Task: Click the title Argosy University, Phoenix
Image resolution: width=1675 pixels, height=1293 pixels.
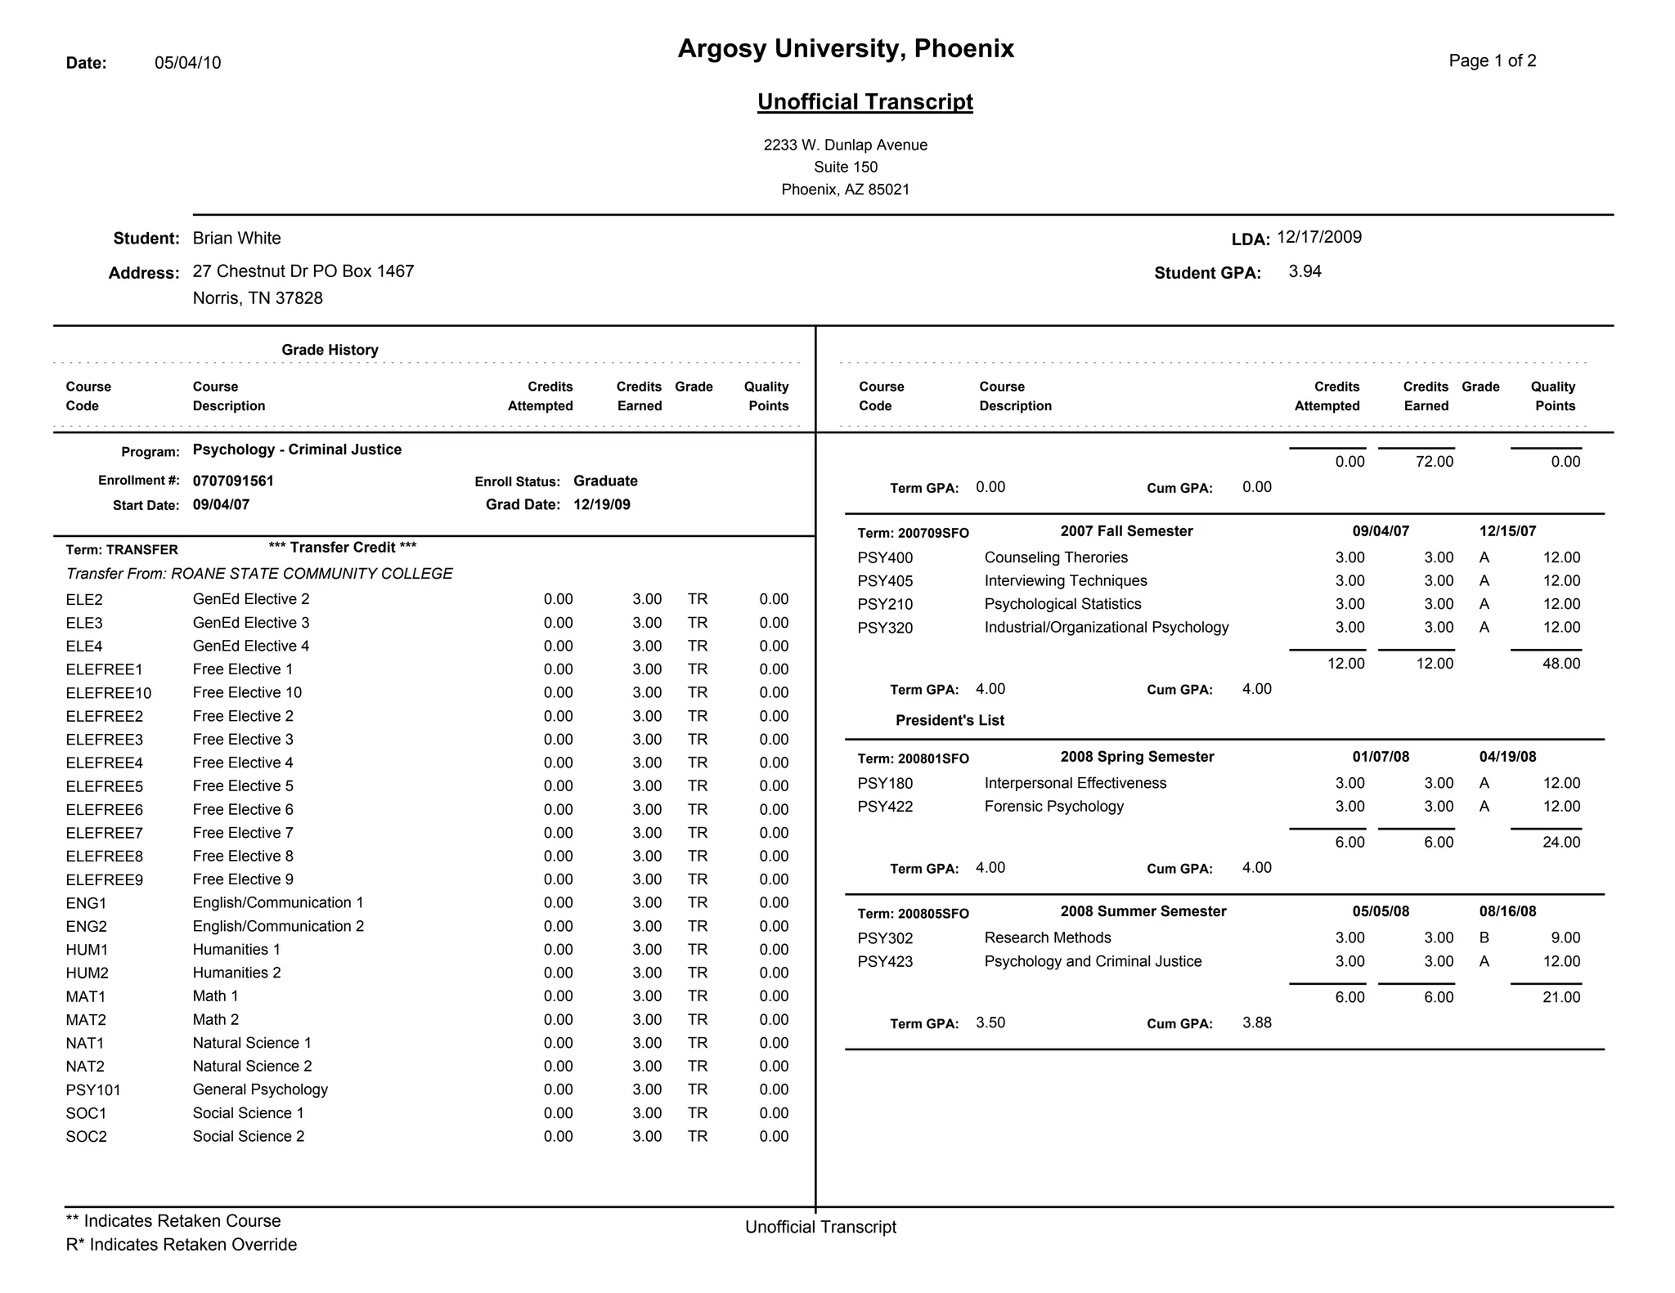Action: [x=846, y=49]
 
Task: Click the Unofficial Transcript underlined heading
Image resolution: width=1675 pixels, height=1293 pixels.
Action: [x=864, y=102]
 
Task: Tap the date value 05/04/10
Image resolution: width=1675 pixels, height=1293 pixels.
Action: [x=188, y=63]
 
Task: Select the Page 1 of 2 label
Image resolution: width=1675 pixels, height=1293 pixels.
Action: [x=1492, y=61]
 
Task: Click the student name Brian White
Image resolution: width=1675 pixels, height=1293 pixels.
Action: [x=236, y=239]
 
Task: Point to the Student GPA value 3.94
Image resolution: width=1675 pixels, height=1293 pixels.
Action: [x=1305, y=272]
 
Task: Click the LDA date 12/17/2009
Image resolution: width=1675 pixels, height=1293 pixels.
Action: [x=1318, y=238]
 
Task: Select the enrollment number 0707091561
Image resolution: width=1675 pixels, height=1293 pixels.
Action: [x=233, y=481]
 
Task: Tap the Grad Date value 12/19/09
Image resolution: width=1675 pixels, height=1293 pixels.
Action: [x=601, y=505]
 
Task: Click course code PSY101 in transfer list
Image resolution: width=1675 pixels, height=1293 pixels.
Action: [x=93, y=1090]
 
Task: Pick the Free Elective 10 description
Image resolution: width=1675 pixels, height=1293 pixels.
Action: [x=247, y=693]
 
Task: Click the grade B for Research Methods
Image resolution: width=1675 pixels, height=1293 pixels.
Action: [x=1484, y=938]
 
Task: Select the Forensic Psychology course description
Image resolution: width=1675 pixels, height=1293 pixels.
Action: [x=1053, y=807]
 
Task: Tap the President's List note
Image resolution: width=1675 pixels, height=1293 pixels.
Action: [x=950, y=721]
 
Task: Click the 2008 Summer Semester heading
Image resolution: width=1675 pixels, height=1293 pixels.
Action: [x=1143, y=912]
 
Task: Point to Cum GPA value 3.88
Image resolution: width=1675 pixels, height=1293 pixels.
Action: [x=1256, y=1023]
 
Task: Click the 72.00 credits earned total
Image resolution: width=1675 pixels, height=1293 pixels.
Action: [x=1434, y=463]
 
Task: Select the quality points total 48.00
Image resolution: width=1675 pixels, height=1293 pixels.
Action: [x=1560, y=664]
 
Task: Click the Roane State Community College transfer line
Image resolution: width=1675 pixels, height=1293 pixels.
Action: [x=259, y=574]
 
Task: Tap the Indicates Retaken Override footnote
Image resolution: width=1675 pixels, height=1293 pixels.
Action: [x=182, y=1245]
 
